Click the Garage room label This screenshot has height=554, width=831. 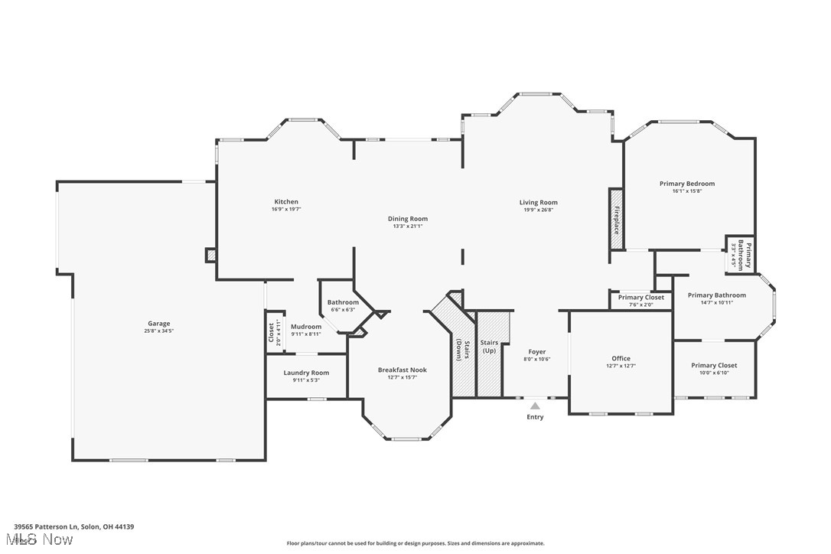159,324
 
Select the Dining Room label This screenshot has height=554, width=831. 407,219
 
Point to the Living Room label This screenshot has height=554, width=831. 538,202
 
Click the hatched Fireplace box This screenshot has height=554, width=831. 615,218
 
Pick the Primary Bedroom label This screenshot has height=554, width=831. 687,184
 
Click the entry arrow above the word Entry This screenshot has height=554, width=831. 535,406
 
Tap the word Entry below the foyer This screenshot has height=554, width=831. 535,417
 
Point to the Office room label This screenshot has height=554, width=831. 621,358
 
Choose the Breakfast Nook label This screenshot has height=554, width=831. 402,370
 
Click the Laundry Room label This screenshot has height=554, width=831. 306,373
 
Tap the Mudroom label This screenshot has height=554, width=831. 306,327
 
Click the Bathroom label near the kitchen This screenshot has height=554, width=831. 343,302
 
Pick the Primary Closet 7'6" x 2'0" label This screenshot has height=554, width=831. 641,298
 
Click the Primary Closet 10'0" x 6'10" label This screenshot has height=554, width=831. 714,366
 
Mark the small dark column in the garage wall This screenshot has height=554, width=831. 210,255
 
